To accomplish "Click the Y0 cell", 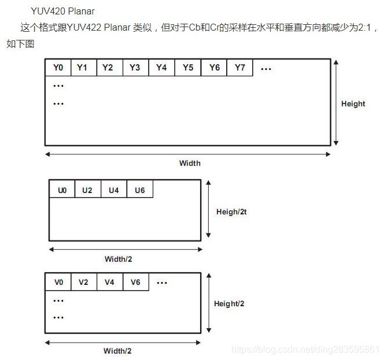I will point(58,68).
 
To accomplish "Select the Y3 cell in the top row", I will point(135,68).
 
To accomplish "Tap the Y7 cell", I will point(240,68).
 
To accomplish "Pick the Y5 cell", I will point(188,68).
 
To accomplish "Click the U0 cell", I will point(62,190).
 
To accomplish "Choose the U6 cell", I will point(140,190).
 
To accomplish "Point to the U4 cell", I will point(114,190).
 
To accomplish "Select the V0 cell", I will point(58,282).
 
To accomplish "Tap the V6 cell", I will point(135,282).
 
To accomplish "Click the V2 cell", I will point(83,282).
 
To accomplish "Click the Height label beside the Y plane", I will point(353,104).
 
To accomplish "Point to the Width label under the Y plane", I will point(190,163).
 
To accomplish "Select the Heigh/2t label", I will point(231,212).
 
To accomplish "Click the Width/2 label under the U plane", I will point(118,259).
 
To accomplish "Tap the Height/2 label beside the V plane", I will point(229,304).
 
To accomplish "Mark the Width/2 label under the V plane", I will point(117,351).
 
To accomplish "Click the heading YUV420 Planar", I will point(63,11).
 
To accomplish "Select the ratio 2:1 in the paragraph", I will point(365,27).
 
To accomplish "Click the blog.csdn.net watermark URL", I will point(305,350).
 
